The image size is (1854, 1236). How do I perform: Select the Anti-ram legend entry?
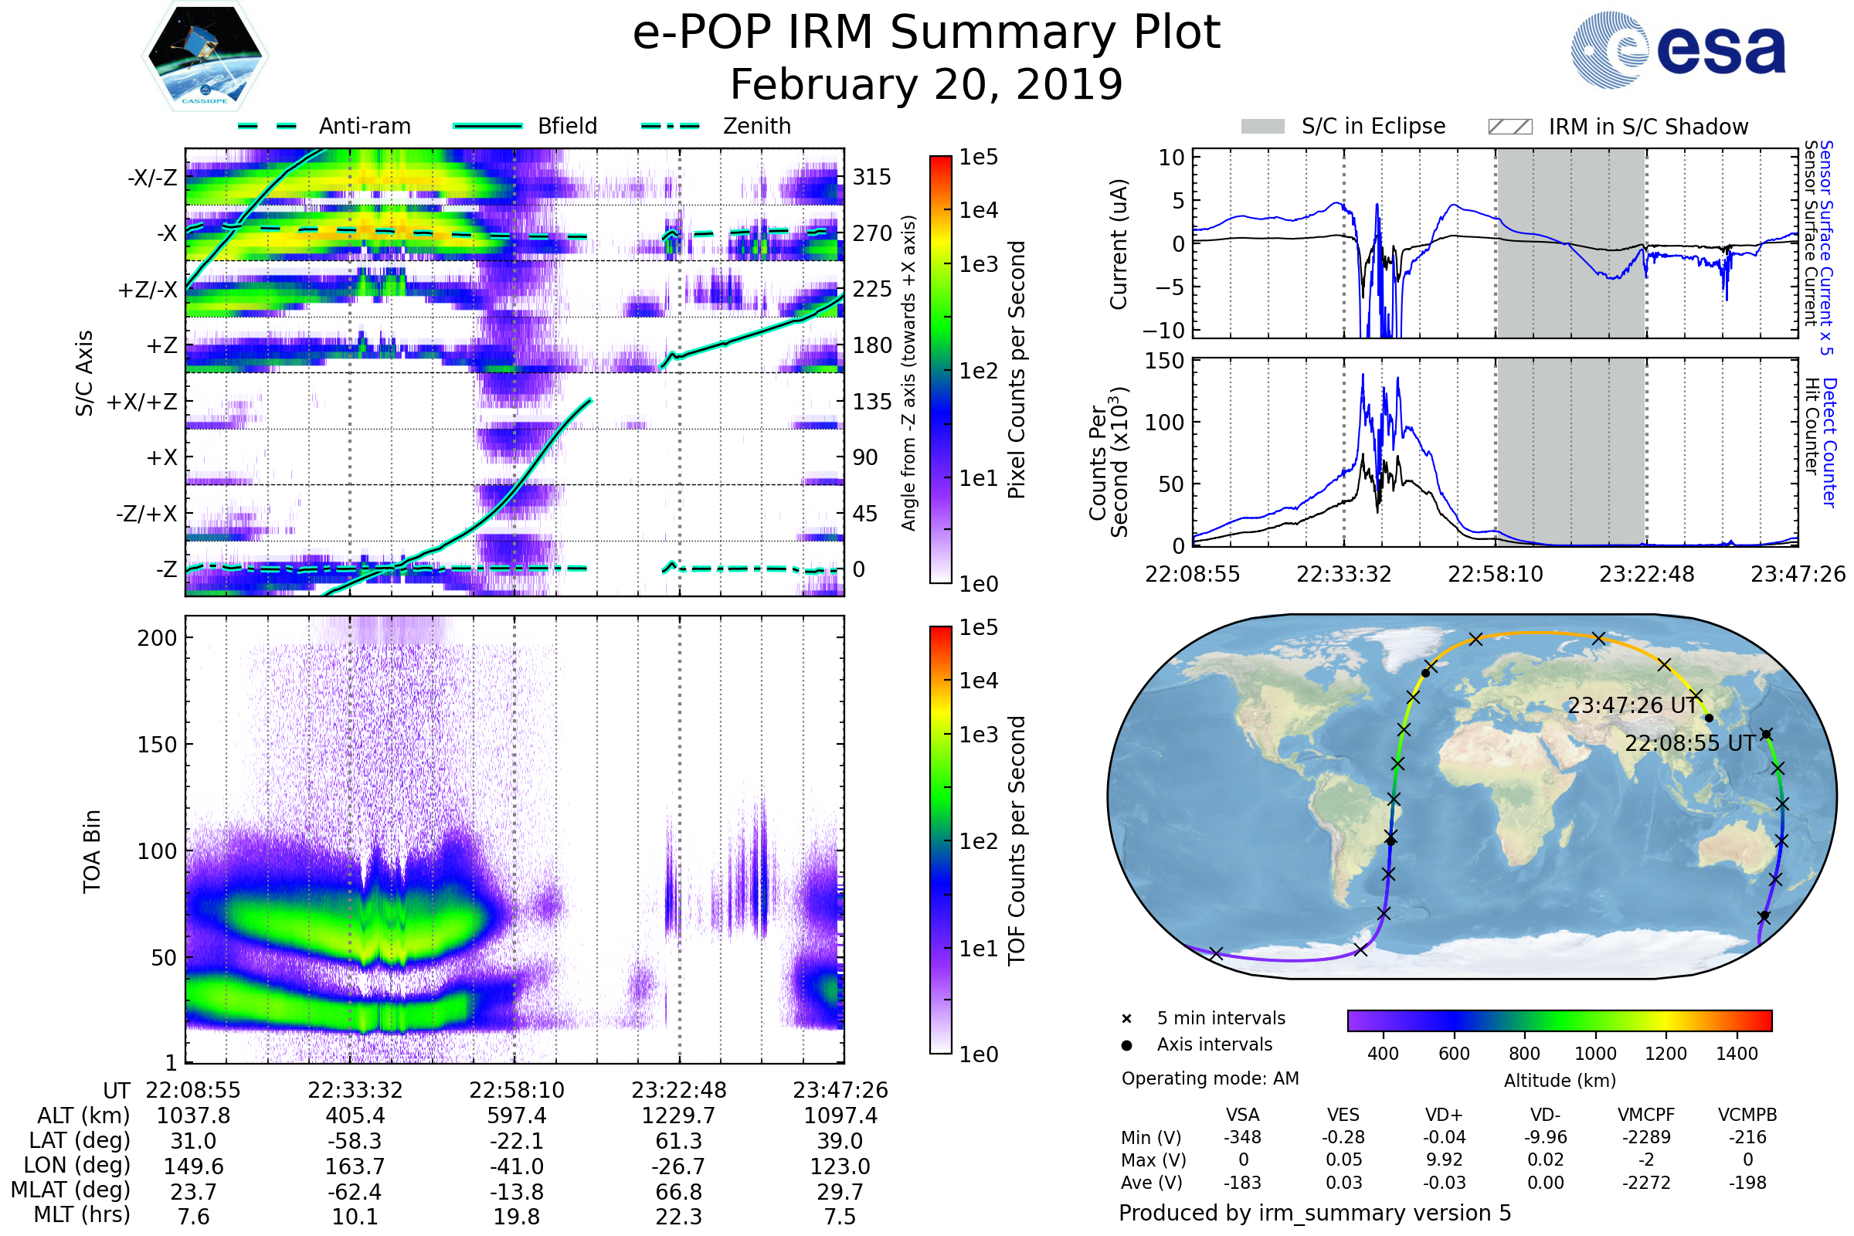pos(364,126)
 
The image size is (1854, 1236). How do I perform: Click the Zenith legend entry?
pos(756,126)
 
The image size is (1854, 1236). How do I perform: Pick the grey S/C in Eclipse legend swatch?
pos(1262,127)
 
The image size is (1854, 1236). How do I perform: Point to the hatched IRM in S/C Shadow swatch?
pos(1509,127)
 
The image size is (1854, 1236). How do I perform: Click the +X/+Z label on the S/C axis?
pos(142,402)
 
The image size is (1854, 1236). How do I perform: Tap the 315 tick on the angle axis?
pos(871,177)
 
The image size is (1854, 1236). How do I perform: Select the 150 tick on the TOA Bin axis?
pos(157,744)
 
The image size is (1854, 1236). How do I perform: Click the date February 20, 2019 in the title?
pos(926,84)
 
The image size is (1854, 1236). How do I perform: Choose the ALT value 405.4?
pos(355,1115)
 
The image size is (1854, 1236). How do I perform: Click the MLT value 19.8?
pos(516,1216)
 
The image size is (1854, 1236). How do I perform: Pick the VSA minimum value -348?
pos(1242,1137)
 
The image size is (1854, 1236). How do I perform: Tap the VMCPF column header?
pos(1646,1115)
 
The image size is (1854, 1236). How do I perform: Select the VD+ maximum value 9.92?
pos(1444,1160)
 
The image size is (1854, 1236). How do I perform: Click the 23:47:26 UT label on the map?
pos(1632,705)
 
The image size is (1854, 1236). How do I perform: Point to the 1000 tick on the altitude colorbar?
pos(1594,1054)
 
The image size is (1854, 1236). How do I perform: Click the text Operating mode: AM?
pos(1210,1078)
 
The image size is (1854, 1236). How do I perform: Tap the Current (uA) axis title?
pos(1119,244)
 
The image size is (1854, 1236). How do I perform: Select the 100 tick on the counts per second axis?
pos(1164,423)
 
